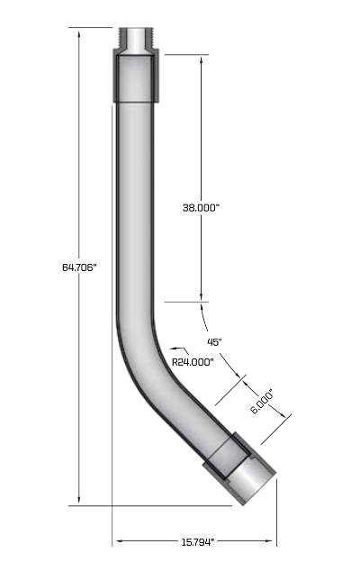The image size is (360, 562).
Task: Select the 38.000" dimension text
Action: [x=201, y=207]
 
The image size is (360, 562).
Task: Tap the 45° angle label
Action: [x=214, y=341]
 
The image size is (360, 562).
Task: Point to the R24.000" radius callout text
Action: [x=193, y=361]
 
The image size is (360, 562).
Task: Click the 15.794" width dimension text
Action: [x=193, y=541]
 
